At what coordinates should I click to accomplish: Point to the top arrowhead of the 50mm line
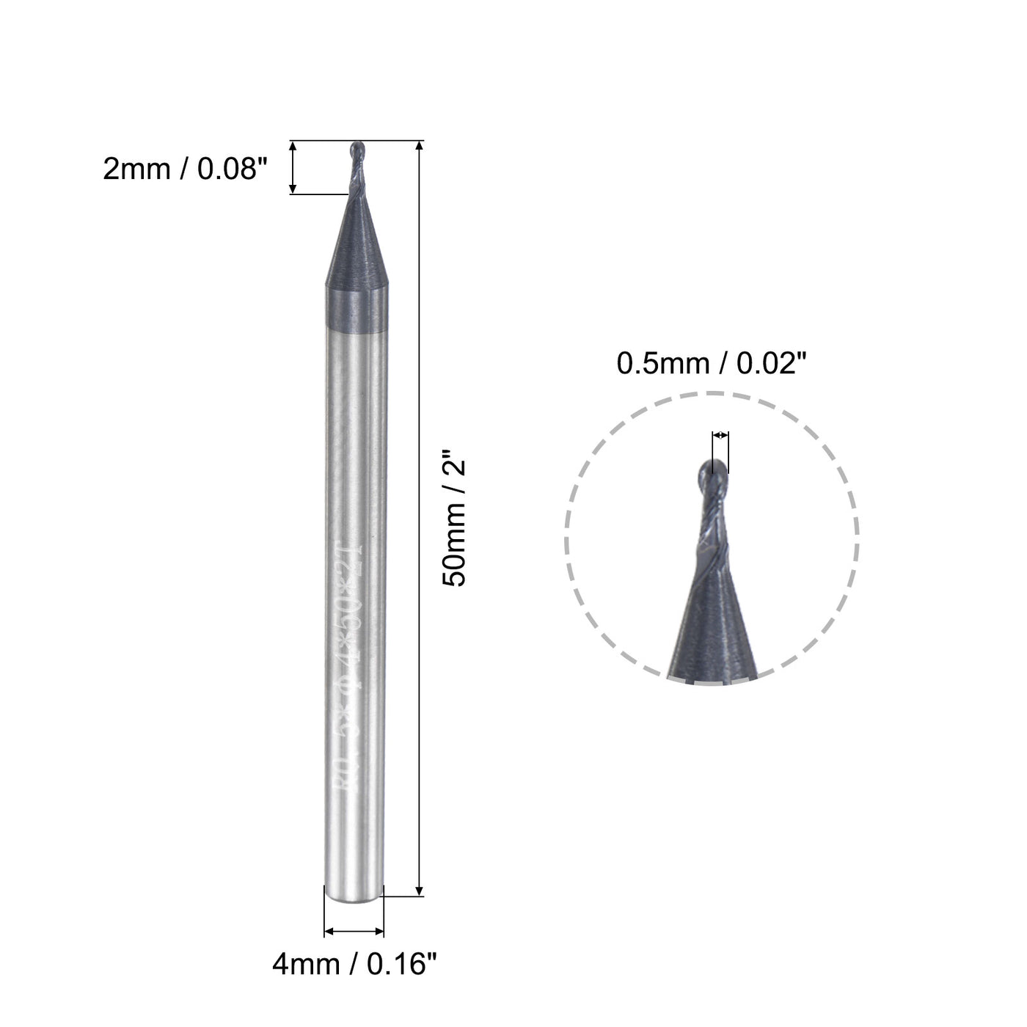[x=419, y=145]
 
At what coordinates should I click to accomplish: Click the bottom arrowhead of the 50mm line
[x=419, y=891]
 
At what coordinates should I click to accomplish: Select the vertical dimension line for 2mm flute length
[x=293, y=167]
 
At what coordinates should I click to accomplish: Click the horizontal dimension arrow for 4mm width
[x=354, y=932]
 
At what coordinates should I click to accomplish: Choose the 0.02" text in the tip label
[x=763, y=364]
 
